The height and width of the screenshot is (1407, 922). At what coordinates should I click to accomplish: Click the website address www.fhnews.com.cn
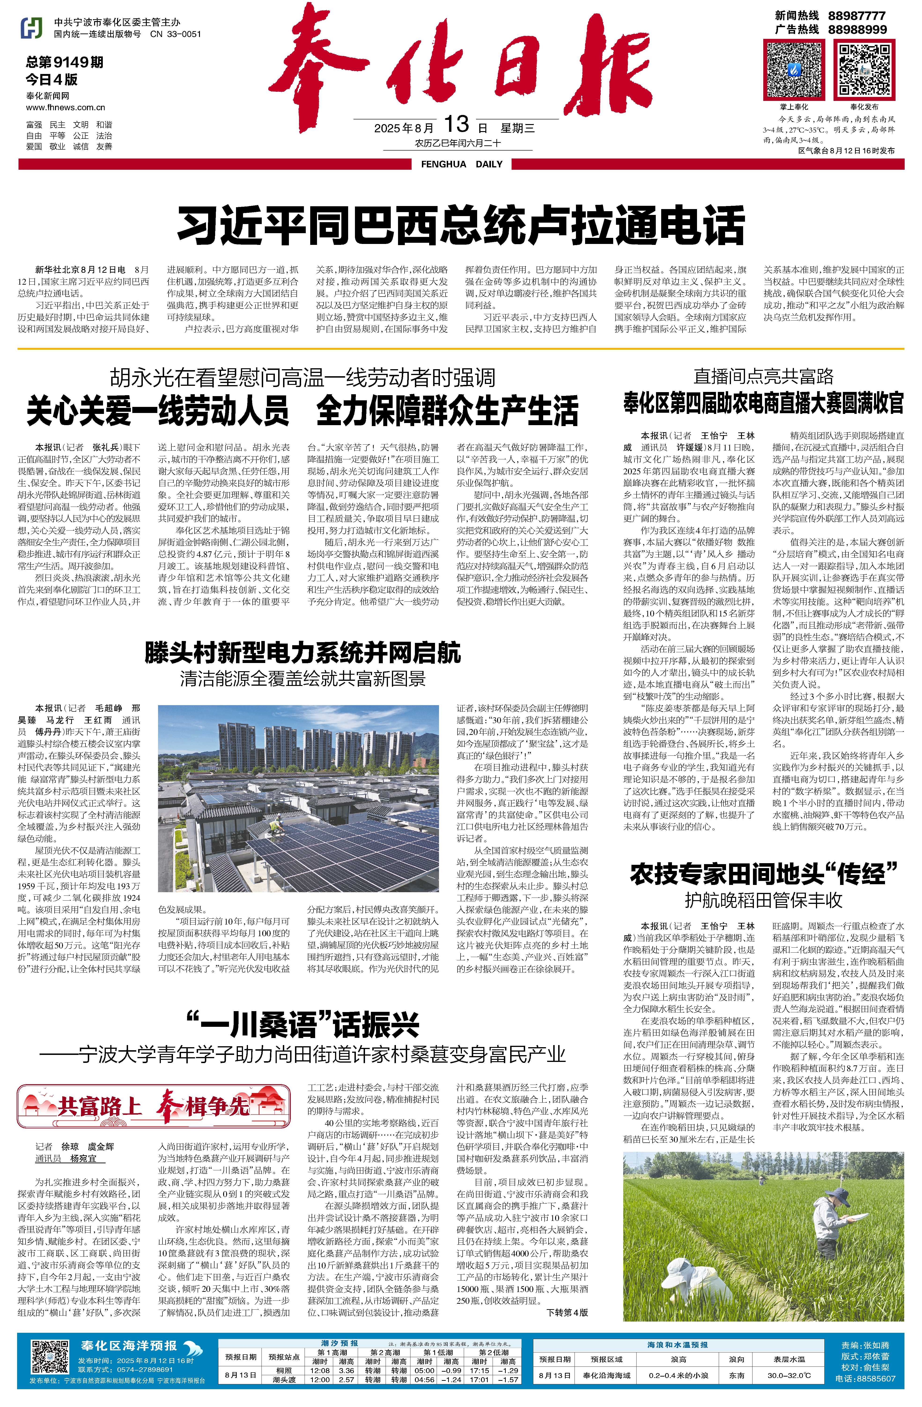click(66, 108)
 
